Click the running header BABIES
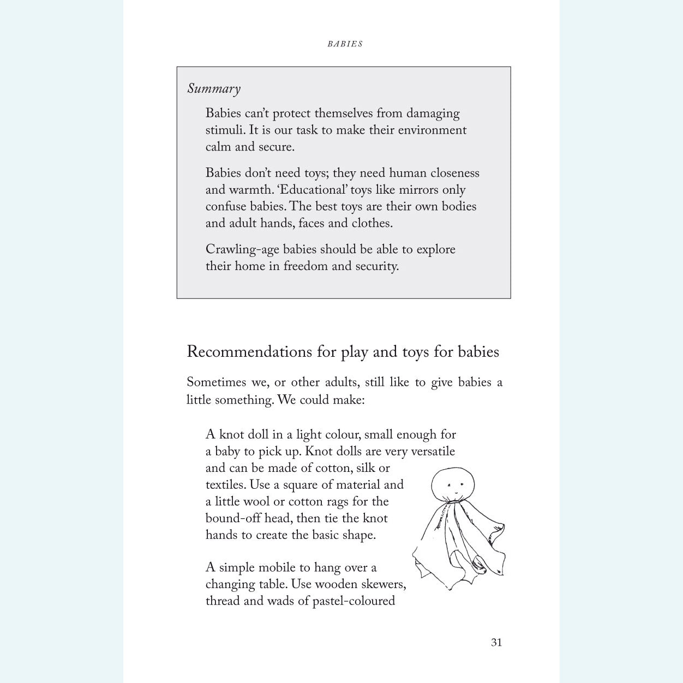click(345, 44)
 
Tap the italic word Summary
click(214, 89)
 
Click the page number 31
click(496, 642)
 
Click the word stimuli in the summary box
click(225, 130)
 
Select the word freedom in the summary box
click(305, 266)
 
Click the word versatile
click(433, 451)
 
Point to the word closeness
click(454, 173)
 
